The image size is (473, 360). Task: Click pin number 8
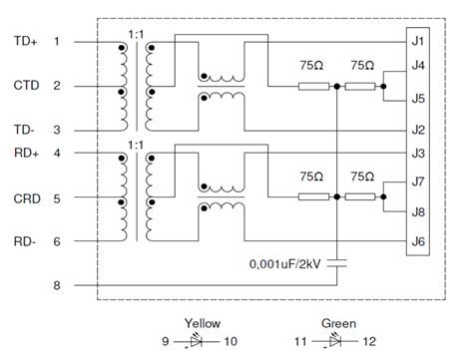tap(57, 285)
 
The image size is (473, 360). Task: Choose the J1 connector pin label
tap(418, 41)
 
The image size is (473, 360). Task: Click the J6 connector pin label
tap(418, 240)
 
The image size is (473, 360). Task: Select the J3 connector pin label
tap(418, 153)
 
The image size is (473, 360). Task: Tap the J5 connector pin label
tap(418, 99)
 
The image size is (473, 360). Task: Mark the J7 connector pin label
tap(418, 181)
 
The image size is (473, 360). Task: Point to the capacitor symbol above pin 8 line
tap(339, 264)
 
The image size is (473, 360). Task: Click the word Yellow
tap(203, 323)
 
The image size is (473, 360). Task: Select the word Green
tap(339, 323)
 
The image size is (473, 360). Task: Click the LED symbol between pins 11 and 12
tap(339, 342)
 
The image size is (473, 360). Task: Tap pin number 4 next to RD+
tap(57, 153)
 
